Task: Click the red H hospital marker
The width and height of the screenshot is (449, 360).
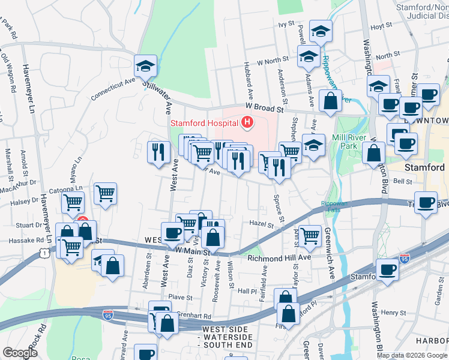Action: (247, 123)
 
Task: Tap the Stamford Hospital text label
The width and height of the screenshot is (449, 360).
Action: (204, 124)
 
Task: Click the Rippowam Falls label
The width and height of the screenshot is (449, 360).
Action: (334, 206)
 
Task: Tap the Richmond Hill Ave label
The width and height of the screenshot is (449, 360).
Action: (279, 257)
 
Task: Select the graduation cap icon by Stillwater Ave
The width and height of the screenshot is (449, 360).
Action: (145, 66)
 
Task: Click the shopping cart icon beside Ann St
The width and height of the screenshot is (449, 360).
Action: (310, 235)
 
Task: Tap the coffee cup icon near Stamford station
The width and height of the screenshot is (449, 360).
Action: (387, 270)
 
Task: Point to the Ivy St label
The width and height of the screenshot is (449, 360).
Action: (286, 24)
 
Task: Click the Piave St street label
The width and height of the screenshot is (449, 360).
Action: (179, 296)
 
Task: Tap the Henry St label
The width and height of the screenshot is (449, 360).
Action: (393, 313)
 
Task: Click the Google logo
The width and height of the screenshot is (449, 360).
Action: (20, 353)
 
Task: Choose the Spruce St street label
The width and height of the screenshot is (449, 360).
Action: (277, 205)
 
